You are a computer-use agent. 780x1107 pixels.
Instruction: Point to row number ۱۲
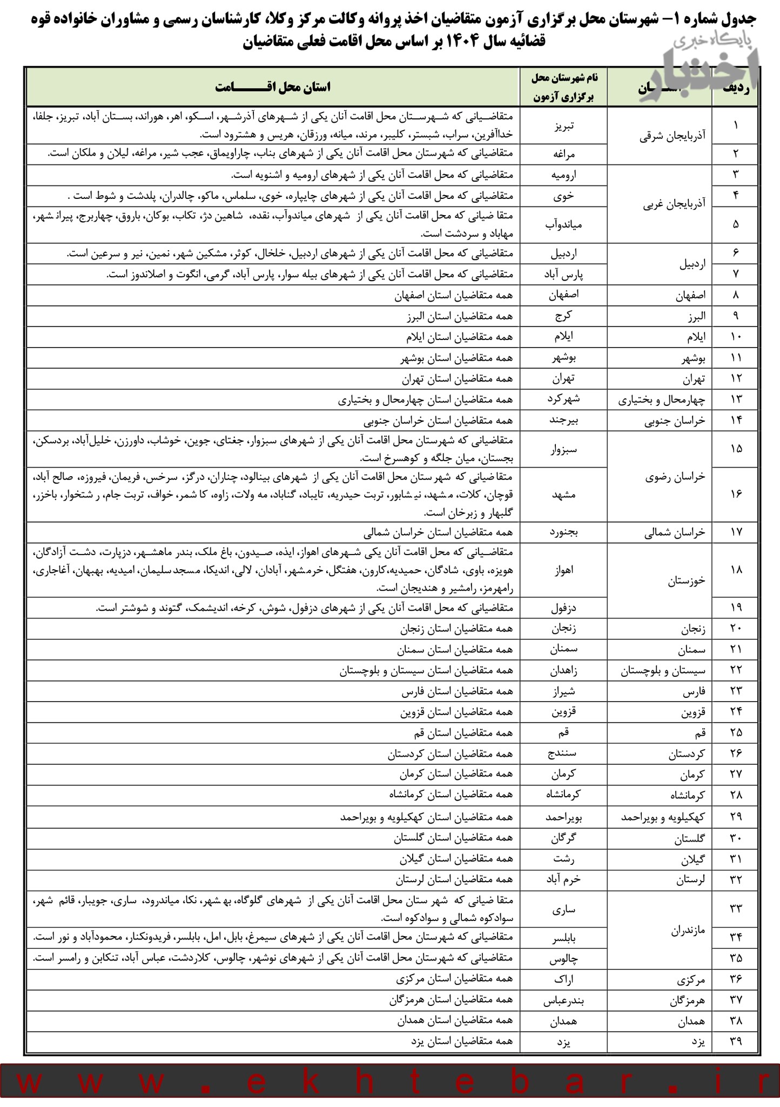tap(736, 378)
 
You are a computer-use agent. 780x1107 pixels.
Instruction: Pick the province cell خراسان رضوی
tap(675, 477)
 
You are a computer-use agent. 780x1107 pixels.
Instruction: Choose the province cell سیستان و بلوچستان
tap(664, 671)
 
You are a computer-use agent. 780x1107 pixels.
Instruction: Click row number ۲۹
tap(736, 816)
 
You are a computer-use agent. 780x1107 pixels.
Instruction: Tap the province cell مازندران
tap(688, 931)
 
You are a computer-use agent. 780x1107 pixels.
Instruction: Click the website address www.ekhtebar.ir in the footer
tap(390, 1084)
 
